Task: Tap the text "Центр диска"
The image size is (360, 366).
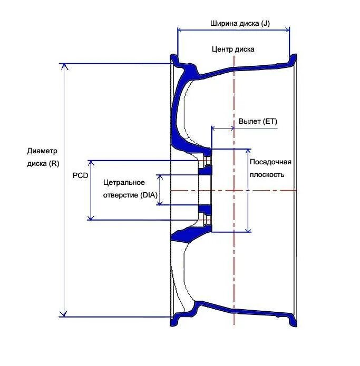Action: pos(233,49)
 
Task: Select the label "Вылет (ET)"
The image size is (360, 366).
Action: pos(258,121)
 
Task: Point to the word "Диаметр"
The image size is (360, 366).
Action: pos(42,151)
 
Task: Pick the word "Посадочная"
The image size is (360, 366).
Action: pos(270,162)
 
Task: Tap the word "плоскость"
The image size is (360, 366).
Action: pos(268,174)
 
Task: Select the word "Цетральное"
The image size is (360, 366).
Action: pos(124,182)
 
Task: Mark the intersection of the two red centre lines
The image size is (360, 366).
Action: pos(232,190)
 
